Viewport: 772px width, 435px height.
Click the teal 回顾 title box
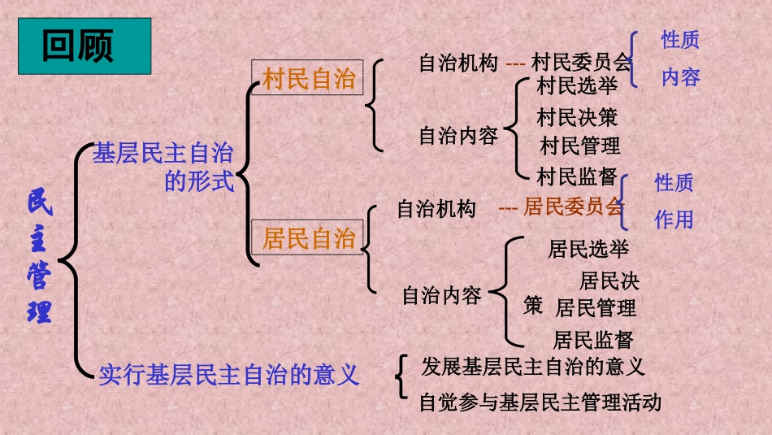pyautogui.click(x=85, y=46)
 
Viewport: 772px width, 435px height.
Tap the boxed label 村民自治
pyautogui.click(x=309, y=79)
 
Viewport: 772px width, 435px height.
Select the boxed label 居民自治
pyautogui.click(x=309, y=238)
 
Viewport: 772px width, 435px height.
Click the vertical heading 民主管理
pyautogui.click(x=40, y=257)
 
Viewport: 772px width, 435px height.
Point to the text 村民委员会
pyautogui.click(x=581, y=63)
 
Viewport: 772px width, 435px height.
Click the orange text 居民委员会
pyautogui.click(x=573, y=207)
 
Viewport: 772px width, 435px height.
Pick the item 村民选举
pyautogui.click(x=578, y=85)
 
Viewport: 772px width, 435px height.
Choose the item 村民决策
pyautogui.click(x=578, y=117)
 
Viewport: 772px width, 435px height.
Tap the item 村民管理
pyautogui.click(x=580, y=146)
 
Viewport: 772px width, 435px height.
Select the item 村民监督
pyautogui.click(x=578, y=176)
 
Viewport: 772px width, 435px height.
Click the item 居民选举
pyautogui.click(x=588, y=248)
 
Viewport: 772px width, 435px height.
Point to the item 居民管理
pyautogui.click(x=596, y=308)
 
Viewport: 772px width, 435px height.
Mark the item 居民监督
pyautogui.click(x=592, y=339)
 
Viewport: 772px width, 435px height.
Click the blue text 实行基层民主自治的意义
pyautogui.click(x=228, y=374)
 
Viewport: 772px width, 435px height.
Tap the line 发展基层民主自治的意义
pyautogui.click(x=533, y=367)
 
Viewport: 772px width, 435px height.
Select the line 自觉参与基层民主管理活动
pyautogui.click(x=540, y=402)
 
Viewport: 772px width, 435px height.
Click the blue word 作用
pyautogui.click(x=674, y=219)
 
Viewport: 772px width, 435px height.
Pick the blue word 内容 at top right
pyautogui.click(x=680, y=78)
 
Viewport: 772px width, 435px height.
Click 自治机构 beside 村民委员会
pyautogui.click(x=458, y=63)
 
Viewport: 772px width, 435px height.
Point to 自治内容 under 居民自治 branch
pyautogui.click(x=442, y=295)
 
